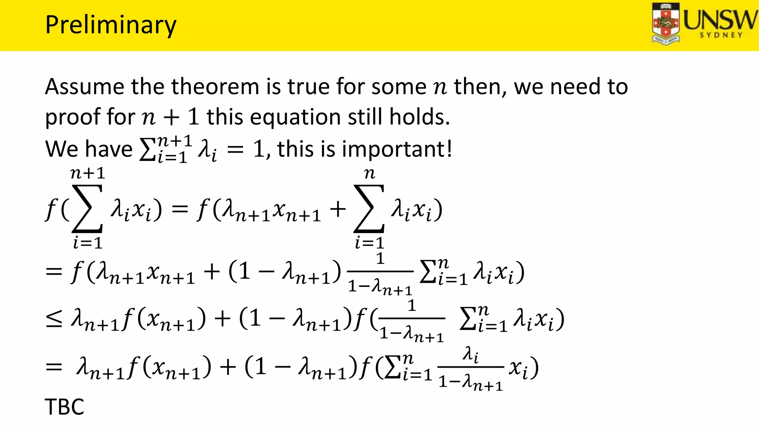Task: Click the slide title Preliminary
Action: coord(110,25)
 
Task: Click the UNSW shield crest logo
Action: coord(666,24)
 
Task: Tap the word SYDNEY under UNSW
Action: coord(721,35)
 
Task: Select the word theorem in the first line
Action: coord(215,87)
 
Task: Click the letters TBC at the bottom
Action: coord(64,407)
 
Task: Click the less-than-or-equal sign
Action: coord(54,319)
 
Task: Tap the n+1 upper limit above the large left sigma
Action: coord(88,173)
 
